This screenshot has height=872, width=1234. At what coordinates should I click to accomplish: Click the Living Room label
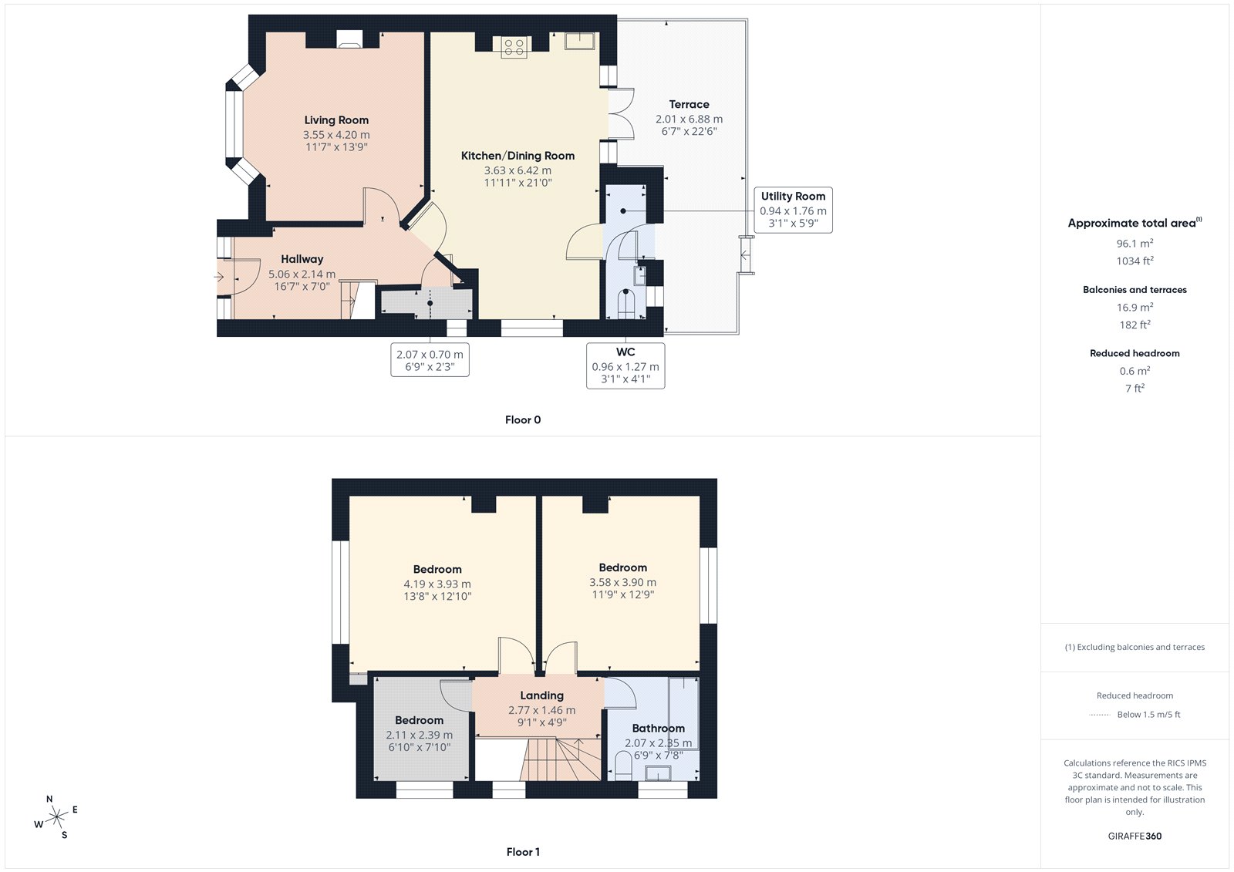(336, 120)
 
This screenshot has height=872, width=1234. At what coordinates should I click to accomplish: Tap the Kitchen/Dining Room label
(518, 156)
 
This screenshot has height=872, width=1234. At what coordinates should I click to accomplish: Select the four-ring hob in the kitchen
(514, 47)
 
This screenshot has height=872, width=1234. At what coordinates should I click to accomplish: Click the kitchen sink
(579, 41)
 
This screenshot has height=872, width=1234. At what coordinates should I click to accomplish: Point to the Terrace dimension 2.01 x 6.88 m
(689, 119)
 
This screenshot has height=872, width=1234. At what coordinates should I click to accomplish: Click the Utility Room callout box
(794, 210)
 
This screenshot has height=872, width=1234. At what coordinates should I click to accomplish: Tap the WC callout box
(625, 365)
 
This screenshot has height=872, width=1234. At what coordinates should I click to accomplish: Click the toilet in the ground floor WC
(625, 304)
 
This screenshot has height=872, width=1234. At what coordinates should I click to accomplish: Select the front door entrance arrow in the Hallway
(219, 277)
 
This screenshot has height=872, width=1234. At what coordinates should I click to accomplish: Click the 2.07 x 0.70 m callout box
(430, 360)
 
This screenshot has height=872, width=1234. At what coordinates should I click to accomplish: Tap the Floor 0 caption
(523, 419)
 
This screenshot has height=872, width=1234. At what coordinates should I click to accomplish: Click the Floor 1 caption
(523, 852)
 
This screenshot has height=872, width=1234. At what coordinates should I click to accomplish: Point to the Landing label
(541, 695)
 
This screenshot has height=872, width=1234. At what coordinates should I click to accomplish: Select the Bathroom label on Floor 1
(659, 729)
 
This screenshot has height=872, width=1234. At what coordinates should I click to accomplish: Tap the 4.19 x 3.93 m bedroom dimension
(437, 584)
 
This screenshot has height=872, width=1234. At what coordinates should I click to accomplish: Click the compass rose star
(56, 817)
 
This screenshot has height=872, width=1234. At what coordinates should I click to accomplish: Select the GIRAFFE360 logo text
(1135, 836)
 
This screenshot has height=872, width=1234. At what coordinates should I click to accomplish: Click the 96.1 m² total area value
(1135, 243)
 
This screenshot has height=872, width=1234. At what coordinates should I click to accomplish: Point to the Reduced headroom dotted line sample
(1100, 715)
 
